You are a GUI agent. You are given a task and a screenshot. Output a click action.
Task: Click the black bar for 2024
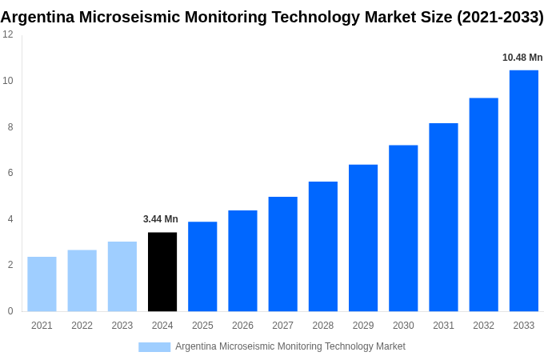pos(162,272)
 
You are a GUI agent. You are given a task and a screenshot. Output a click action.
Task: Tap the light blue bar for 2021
pos(42,284)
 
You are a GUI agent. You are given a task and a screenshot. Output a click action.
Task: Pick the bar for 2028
pos(323,246)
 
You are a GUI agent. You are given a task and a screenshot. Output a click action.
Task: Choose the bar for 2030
pos(403,228)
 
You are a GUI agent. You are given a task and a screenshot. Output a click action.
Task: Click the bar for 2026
pos(242,261)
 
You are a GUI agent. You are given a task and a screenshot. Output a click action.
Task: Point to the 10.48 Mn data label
pos(522,58)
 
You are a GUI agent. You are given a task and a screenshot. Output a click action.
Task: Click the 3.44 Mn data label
pos(161,219)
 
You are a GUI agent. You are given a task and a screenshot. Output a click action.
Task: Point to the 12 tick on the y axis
pos(7,34)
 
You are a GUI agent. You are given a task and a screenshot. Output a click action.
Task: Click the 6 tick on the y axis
pos(10,173)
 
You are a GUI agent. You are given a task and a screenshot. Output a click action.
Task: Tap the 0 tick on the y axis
pos(10,311)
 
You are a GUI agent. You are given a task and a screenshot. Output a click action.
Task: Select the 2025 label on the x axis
pos(202,326)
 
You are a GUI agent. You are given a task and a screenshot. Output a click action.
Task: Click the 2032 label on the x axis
pos(483,326)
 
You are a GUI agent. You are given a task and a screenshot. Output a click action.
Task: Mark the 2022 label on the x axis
pos(82,326)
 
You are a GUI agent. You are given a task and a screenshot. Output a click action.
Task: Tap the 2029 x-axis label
pos(363,326)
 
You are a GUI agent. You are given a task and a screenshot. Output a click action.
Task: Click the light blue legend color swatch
pos(154,347)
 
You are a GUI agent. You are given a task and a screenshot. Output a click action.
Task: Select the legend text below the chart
pos(290,346)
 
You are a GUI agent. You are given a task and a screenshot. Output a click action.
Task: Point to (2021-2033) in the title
pos(500,17)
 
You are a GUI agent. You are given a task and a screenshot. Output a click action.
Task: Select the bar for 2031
pos(443,217)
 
